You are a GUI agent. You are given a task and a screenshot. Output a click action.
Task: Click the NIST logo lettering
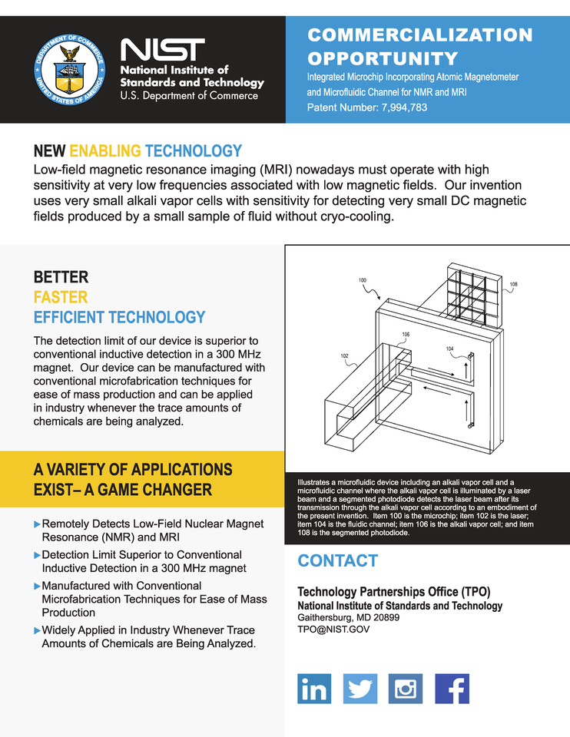coord(163,51)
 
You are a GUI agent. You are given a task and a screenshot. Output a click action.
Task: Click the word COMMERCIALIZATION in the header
coord(419,35)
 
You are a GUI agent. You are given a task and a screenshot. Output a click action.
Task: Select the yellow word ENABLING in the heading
coord(104,151)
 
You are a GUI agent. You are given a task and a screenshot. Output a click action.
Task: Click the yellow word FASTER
coord(61,297)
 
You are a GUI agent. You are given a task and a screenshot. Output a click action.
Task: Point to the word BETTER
coord(61,277)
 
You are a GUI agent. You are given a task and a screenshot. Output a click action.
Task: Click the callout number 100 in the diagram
coord(362,281)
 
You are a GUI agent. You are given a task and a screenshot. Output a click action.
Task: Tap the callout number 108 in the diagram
coord(513,285)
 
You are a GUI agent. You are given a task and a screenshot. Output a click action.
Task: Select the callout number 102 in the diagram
coord(345,356)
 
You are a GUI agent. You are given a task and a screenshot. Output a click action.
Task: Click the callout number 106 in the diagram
coord(406,335)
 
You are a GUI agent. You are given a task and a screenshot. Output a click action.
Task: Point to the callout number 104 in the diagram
coord(450,349)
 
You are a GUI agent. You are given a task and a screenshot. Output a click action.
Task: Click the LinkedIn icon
coord(313,689)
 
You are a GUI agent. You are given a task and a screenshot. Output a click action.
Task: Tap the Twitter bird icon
coord(360,689)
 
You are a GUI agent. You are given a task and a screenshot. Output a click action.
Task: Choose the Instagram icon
coord(406,689)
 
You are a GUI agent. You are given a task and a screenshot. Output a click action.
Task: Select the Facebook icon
coord(452,689)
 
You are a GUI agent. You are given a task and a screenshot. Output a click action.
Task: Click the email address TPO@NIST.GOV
coord(333,629)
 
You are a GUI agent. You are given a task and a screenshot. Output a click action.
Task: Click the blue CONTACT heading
coord(338,560)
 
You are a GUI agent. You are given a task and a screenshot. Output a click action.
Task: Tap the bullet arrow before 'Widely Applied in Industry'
coord(38,630)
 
